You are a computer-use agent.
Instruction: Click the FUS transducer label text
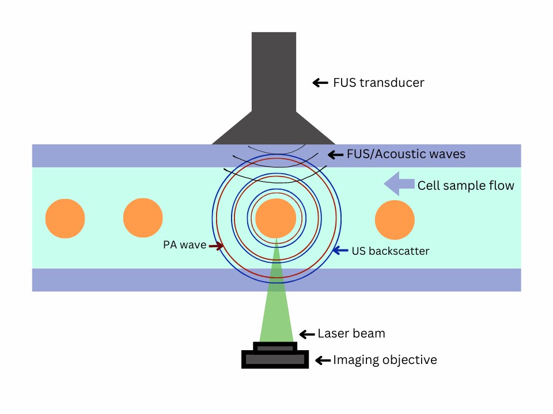point(378,83)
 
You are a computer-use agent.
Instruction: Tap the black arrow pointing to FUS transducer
point(320,83)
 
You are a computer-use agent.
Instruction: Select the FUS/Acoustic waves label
point(406,154)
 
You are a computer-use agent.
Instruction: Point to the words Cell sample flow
point(465,185)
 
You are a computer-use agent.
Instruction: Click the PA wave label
point(184,246)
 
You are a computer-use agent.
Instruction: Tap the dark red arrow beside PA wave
point(216,246)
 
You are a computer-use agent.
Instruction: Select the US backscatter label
point(390,251)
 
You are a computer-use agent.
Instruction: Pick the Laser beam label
point(351,333)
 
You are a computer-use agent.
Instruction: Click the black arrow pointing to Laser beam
point(308,333)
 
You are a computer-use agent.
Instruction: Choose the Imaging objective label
point(385,360)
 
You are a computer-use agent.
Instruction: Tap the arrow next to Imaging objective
point(322,361)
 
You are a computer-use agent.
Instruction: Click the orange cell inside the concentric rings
point(275,218)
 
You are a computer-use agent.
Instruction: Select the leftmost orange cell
point(65,218)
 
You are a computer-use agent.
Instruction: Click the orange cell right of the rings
point(395,219)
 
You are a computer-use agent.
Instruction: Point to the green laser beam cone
point(277,310)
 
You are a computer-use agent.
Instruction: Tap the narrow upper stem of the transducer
point(274,69)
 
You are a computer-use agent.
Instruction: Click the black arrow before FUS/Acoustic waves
point(336,154)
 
